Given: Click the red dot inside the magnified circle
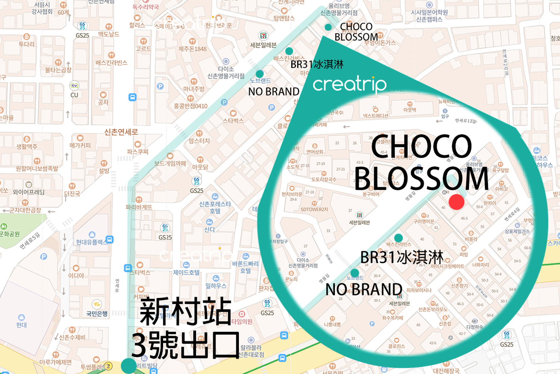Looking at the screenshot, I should point(456,202).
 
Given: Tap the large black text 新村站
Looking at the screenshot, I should point(186,312).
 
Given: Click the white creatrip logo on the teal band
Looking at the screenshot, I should point(349,84).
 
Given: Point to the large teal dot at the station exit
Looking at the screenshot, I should point(129,365).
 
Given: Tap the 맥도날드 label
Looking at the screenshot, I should point(109,34).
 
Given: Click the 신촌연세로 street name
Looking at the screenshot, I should point(121,132).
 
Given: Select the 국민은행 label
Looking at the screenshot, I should point(97,313).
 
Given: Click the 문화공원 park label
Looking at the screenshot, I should point(9,234).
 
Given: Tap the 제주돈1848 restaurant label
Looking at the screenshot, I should point(192,49).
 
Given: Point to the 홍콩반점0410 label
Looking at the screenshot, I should point(190,106).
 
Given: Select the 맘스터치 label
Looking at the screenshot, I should point(199,141).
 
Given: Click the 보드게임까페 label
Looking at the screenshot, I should point(170,163).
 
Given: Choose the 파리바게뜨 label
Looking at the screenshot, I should point(139,207).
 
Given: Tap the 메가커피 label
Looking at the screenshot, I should point(80,145).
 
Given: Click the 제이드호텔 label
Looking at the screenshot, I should point(186,273).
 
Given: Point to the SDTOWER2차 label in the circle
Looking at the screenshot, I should point(314,209).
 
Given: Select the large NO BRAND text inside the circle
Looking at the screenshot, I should point(364,289).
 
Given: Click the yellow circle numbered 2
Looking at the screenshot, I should point(108,366).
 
